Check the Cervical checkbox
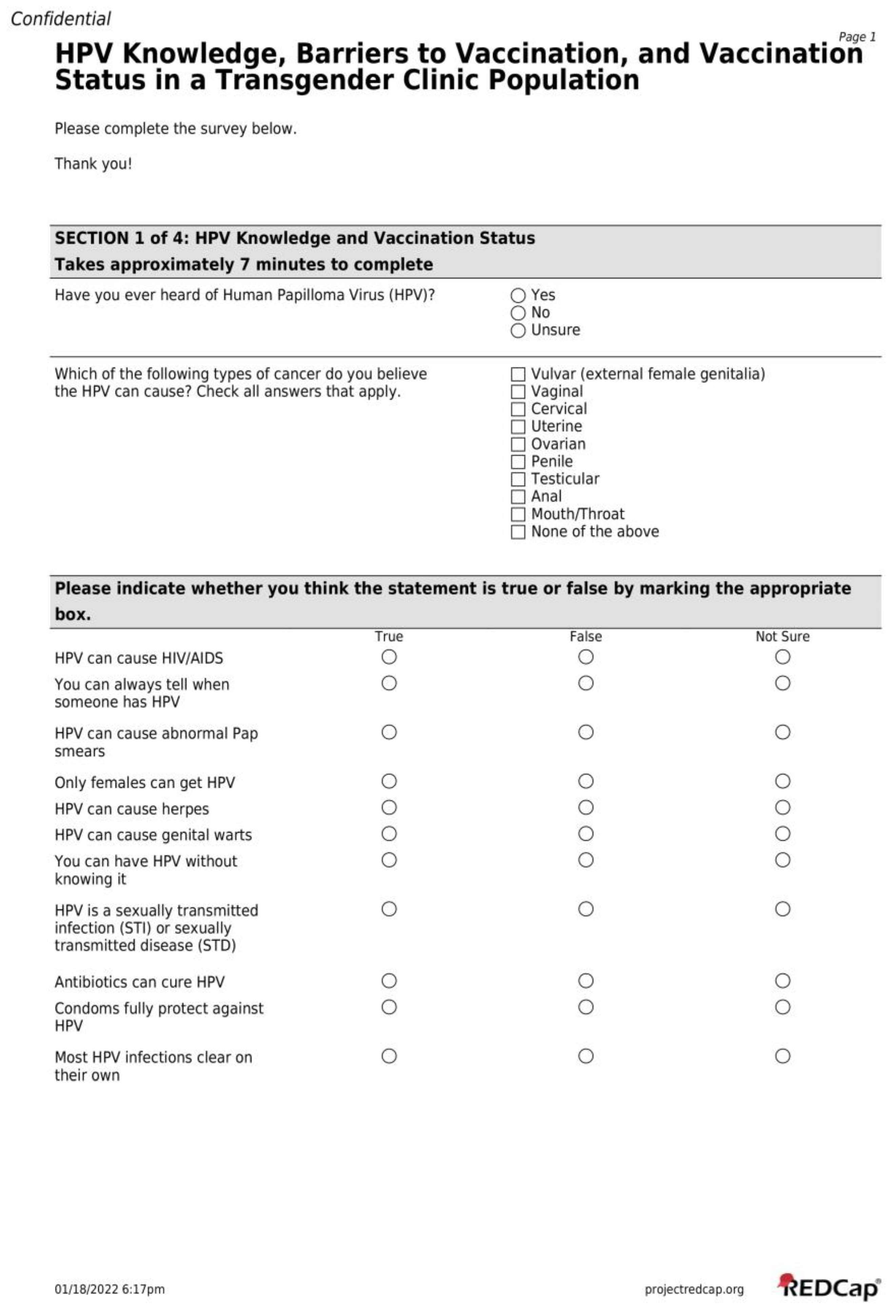click(x=518, y=409)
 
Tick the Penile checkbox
click(x=518, y=462)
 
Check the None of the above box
click(x=518, y=532)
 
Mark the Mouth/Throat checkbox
click(x=518, y=514)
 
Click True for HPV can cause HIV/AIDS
click(x=389, y=657)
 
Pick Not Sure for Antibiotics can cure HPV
click(x=783, y=981)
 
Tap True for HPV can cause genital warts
click(x=389, y=833)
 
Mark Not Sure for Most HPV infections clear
click(x=783, y=1056)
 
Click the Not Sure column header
click(x=783, y=637)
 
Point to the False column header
click(x=586, y=637)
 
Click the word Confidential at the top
click(x=61, y=19)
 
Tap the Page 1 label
click(x=857, y=37)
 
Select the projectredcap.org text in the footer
click(x=694, y=1290)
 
